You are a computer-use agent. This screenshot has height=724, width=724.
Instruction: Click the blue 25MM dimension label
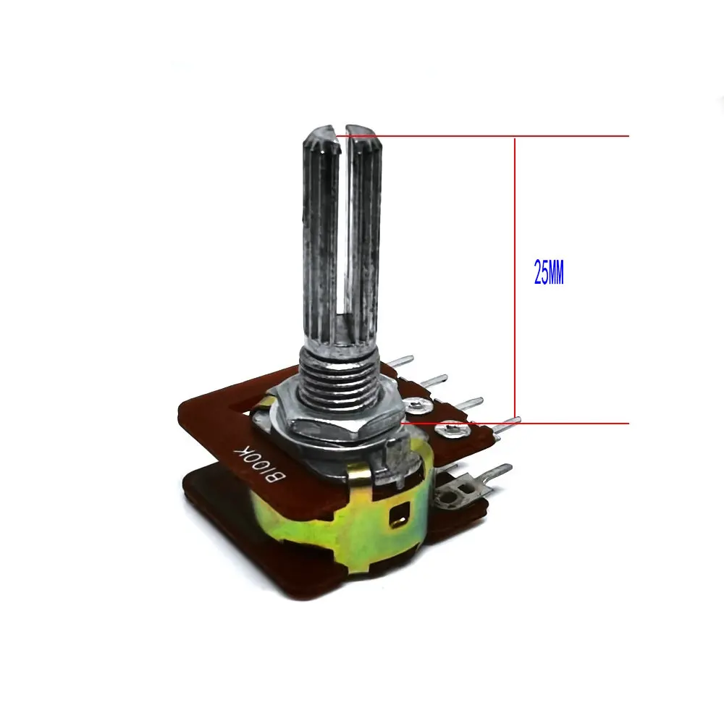[x=549, y=272]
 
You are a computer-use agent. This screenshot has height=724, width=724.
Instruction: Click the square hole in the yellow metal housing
[x=400, y=515]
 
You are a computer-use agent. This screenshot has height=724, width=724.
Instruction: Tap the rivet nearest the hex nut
[x=419, y=405]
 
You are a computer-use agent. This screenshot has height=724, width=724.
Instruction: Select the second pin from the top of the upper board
[x=433, y=381]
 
